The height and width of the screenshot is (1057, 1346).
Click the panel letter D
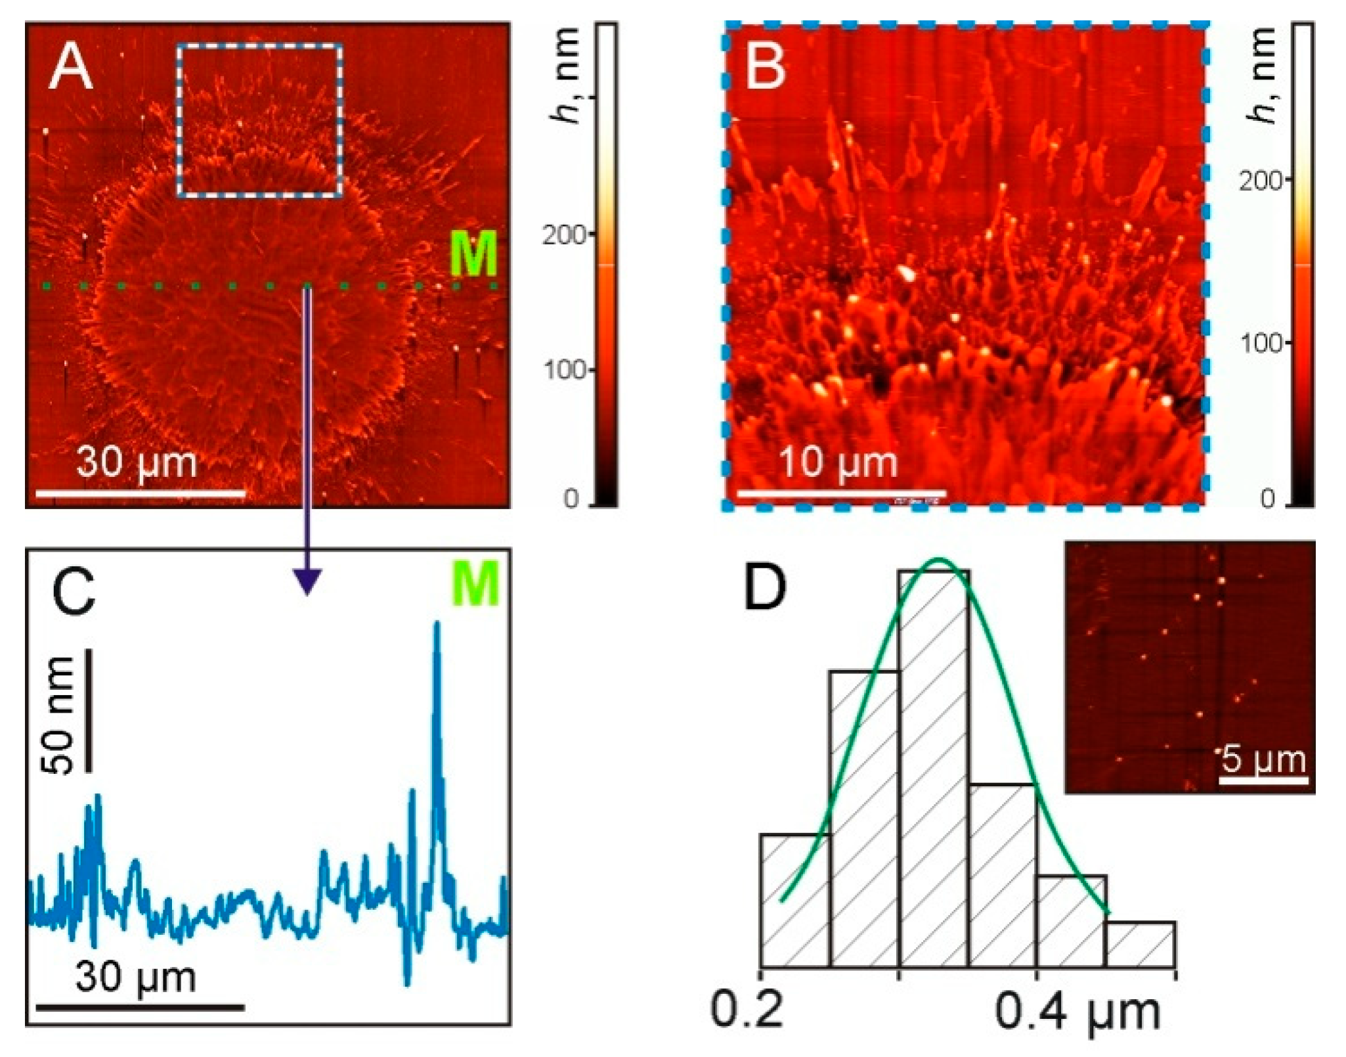765,587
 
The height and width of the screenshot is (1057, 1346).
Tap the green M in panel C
475,584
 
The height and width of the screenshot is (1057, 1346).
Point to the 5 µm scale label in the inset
1263,759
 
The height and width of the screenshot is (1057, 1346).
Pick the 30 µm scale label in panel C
135,977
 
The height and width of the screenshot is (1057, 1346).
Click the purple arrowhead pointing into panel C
307,582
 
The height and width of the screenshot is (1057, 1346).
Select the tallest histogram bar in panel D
934,769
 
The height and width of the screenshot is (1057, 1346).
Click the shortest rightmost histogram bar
1140,945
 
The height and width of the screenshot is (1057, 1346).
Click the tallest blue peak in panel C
437,625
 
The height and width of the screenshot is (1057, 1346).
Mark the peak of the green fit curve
939,560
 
